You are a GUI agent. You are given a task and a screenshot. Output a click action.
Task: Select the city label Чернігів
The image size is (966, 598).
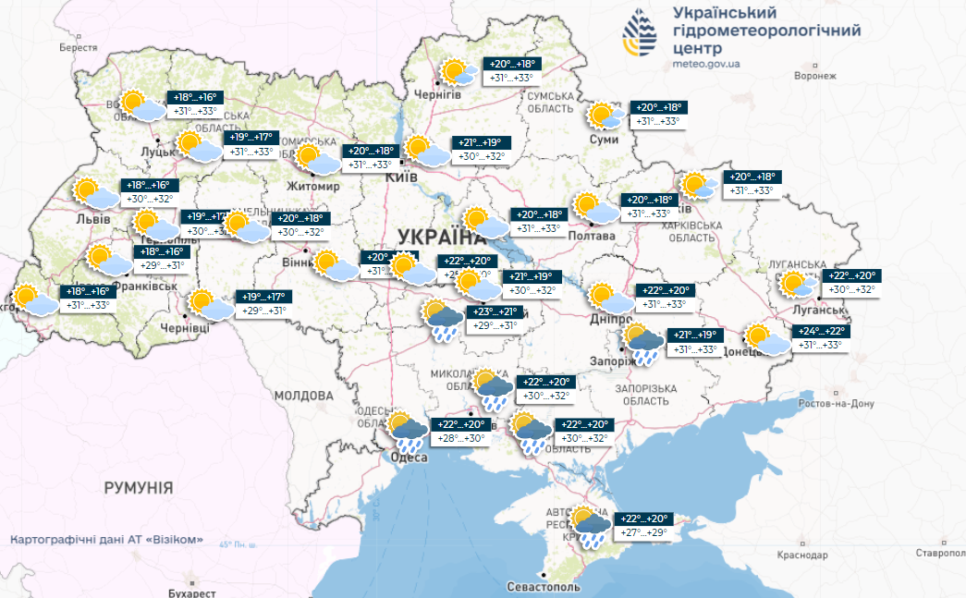(437, 93)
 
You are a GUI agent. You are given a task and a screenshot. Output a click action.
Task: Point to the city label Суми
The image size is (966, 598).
(605, 139)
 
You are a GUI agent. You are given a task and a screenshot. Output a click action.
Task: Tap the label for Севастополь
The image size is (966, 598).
(544, 587)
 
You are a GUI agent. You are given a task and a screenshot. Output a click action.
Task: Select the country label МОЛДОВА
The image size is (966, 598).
(303, 395)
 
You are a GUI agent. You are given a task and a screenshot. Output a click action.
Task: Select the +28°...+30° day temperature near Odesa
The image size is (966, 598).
(460, 439)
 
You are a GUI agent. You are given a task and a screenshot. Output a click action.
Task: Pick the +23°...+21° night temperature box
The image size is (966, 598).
(497, 311)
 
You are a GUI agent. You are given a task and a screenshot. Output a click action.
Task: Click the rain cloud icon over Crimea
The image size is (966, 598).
(589, 526)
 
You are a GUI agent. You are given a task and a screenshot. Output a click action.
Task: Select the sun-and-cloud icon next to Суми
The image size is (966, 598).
(605, 116)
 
